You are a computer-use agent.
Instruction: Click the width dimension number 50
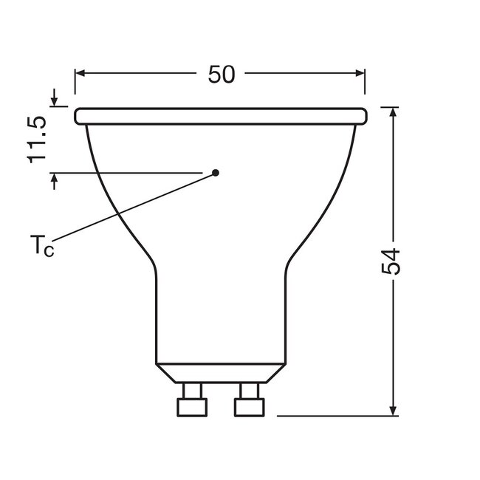[221, 74]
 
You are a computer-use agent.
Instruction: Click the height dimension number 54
[392, 261]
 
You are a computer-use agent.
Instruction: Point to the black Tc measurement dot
[216, 173]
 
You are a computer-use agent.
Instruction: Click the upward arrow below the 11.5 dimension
[54, 179]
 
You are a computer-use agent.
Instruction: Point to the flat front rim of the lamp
[221, 116]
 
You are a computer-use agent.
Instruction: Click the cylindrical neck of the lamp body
[221, 318]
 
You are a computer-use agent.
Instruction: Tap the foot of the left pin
[193, 407]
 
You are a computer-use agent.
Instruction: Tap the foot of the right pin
[249, 407]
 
